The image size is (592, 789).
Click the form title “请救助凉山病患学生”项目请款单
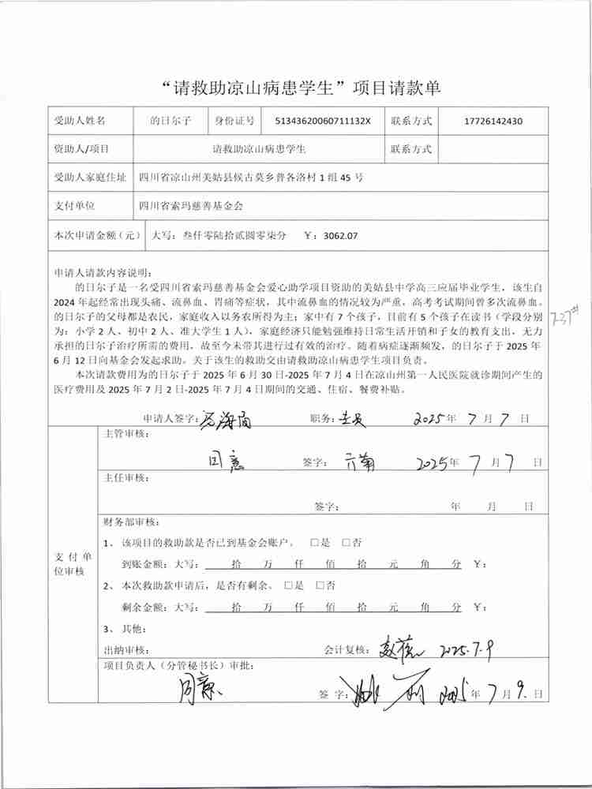(296, 88)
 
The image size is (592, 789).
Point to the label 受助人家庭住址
(89, 178)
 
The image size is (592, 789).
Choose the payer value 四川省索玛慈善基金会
(190, 206)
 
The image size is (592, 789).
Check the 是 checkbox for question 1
(316, 543)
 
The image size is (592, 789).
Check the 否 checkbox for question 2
(320, 585)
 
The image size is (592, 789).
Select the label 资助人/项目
(81, 148)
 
